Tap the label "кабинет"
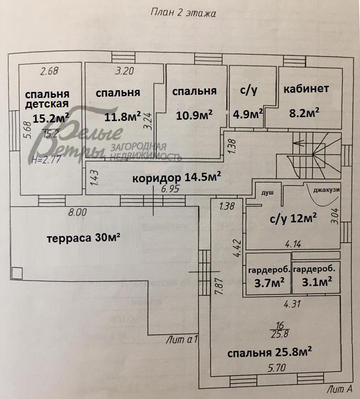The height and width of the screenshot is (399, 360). tap(306, 89)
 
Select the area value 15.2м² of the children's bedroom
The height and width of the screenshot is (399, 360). tap(51, 118)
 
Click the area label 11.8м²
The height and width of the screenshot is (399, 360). tap(123, 116)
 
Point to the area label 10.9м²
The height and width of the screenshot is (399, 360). tap(195, 115)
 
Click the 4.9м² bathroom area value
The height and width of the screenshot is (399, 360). tap(248, 114)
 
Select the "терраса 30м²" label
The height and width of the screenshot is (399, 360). tap(83, 238)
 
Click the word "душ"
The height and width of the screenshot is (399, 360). tap(267, 192)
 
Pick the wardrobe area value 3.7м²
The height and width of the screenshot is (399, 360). tap(269, 281)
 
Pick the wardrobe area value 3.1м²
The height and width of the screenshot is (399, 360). tap(315, 281)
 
